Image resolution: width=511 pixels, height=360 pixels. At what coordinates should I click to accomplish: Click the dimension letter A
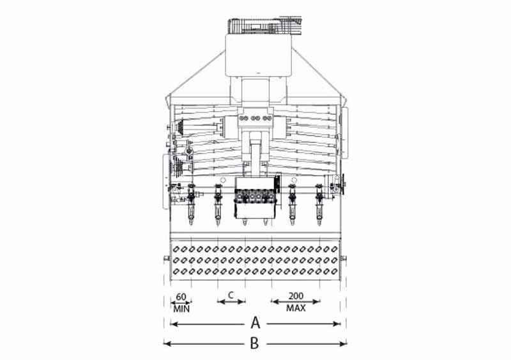[256, 323]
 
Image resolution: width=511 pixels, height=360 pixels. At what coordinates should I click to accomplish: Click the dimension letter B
[254, 343]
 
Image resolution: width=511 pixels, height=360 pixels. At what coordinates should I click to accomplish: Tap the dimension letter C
[231, 295]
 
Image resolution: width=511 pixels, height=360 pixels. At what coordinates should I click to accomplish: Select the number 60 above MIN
[181, 297]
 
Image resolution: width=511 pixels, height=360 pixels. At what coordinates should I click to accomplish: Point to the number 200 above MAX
[296, 296]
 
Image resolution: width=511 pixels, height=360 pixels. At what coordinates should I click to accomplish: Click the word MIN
[181, 309]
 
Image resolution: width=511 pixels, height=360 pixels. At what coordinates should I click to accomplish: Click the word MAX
[296, 308]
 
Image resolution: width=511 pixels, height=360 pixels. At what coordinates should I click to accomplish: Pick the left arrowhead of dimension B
[167, 343]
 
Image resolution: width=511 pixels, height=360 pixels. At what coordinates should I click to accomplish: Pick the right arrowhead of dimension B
[343, 343]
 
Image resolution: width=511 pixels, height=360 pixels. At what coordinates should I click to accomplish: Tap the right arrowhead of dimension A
[337, 324]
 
